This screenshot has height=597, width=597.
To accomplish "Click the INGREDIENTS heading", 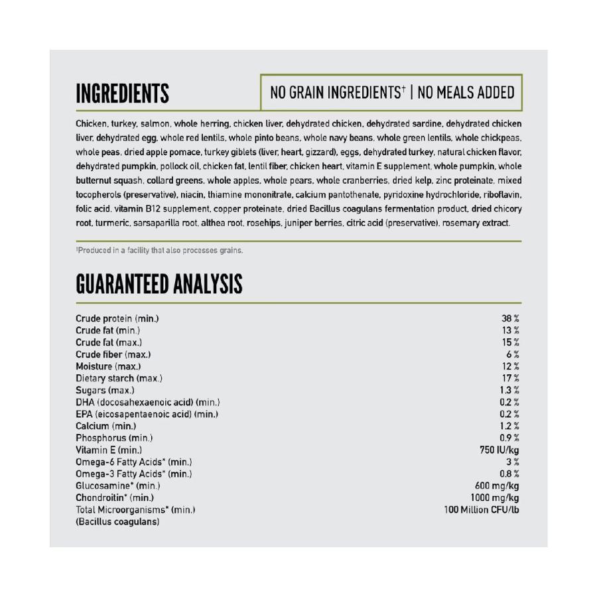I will point(122,94).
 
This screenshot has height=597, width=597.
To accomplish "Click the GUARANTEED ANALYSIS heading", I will point(159,284).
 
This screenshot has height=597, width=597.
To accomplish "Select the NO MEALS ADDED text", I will point(466,92).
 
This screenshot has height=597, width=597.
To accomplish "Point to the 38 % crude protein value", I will point(510,318).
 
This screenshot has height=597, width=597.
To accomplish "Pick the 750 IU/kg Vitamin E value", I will point(494,450).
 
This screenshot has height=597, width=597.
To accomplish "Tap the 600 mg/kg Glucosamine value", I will point(492,486).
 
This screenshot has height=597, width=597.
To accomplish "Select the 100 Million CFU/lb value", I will point(481,509).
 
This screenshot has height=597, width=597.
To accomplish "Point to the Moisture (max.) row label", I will point(108,366).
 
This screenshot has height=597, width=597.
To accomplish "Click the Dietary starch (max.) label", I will point(119,378).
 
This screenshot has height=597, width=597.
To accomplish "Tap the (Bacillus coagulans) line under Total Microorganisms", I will point(117,521).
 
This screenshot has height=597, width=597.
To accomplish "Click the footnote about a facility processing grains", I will point(159,250).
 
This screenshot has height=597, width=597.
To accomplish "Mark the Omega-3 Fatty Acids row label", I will point(133,474).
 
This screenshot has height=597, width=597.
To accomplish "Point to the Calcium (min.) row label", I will point(105,426).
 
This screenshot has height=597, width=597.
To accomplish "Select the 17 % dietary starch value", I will point(510,378).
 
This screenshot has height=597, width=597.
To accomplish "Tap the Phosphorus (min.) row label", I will point(114,438).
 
